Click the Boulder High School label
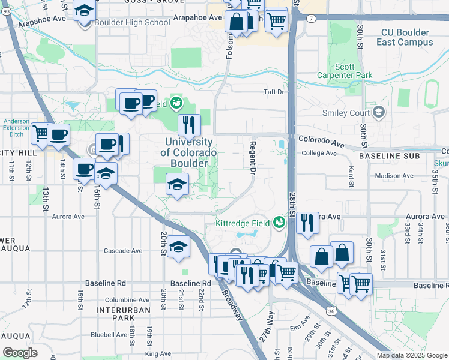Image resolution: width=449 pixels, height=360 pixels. click(133, 23)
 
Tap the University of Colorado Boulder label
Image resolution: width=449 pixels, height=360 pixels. click(186, 152)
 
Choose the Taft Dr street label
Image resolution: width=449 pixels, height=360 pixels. click(273, 92)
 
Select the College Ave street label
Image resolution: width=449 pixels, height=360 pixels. click(319, 153)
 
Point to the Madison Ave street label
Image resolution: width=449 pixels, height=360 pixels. click(394, 176)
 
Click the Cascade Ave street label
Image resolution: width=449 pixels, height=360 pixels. click(123, 251)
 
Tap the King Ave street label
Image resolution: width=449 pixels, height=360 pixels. click(158, 354)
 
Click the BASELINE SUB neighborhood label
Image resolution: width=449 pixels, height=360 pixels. click(387, 156)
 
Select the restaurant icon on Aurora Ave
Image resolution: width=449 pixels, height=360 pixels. click(307, 223)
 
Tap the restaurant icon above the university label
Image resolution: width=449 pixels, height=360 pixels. click(189, 125)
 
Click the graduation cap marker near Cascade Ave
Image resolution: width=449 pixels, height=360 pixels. click(178, 247)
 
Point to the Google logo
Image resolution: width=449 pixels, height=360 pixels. click(20, 353)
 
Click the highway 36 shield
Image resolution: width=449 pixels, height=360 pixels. click(331, 311)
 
